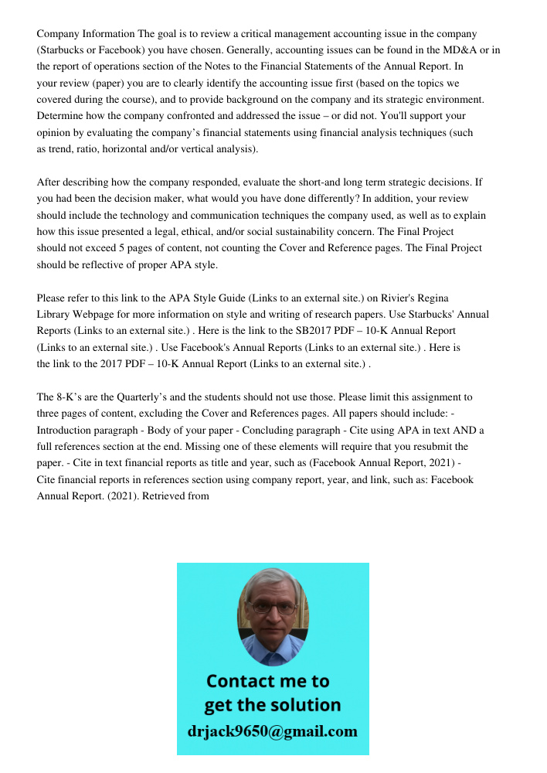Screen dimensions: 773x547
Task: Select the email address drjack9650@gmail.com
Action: tap(273, 731)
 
